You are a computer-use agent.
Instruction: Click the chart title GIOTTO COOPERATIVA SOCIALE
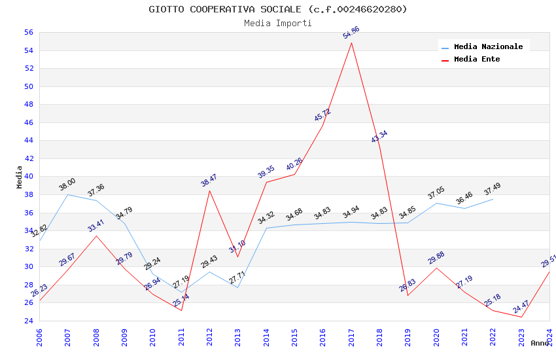[x=278, y=9]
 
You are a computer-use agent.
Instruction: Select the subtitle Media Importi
[x=278, y=23]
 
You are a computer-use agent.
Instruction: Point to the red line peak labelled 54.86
[x=351, y=43]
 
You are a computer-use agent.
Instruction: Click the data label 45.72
[x=322, y=115]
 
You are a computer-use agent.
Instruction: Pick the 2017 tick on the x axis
[x=351, y=337]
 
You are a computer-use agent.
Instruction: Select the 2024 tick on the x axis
[x=549, y=337]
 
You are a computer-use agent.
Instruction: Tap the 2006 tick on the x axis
[x=39, y=337]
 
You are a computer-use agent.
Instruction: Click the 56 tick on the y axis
[x=28, y=32]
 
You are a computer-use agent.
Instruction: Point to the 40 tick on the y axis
[x=28, y=177]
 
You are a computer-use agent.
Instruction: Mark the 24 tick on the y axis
[x=28, y=321]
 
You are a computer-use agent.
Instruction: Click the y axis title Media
[x=19, y=177]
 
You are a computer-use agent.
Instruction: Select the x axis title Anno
[x=540, y=343]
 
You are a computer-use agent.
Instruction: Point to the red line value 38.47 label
[x=209, y=180]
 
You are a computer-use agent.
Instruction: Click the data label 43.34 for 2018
[x=379, y=136]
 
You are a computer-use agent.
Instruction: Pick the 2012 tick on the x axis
[x=209, y=337]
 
